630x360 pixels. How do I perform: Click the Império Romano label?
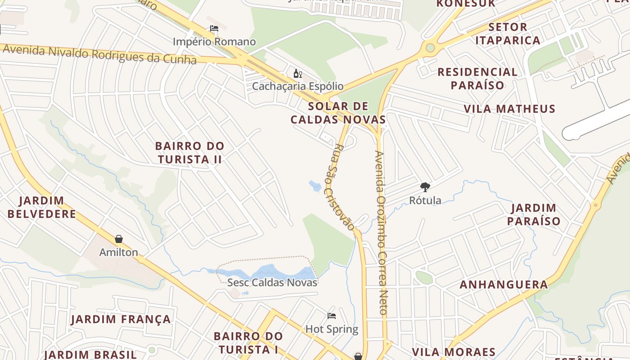coord(214,42)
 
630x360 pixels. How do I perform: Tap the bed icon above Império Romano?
coord(214,28)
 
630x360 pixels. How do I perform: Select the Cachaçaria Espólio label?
coord(297,86)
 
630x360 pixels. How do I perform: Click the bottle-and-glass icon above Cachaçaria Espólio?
coord(297,73)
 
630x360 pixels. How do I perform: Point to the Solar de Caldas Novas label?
coord(338,113)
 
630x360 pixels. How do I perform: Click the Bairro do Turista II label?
coord(189,153)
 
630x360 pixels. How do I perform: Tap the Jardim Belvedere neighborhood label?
coord(42,207)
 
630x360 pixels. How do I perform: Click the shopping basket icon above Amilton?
coord(119,239)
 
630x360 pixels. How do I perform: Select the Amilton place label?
coord(119,252)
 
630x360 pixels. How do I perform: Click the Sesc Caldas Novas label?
coord(272,283)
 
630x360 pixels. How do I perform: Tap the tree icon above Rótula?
coord(425,187)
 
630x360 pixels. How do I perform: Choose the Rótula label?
coord(425,200)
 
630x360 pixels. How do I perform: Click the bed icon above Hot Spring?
coord(332,316)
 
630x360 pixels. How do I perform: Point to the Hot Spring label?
coord(332,329)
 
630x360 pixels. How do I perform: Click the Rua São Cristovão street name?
coord(344,187)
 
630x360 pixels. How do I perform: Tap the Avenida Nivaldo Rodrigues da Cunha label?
coord(99,54)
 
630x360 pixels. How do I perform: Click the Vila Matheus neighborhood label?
coord(509,109)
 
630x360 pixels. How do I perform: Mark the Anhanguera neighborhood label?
coord(504,284)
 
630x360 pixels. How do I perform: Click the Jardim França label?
coord(121,319)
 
